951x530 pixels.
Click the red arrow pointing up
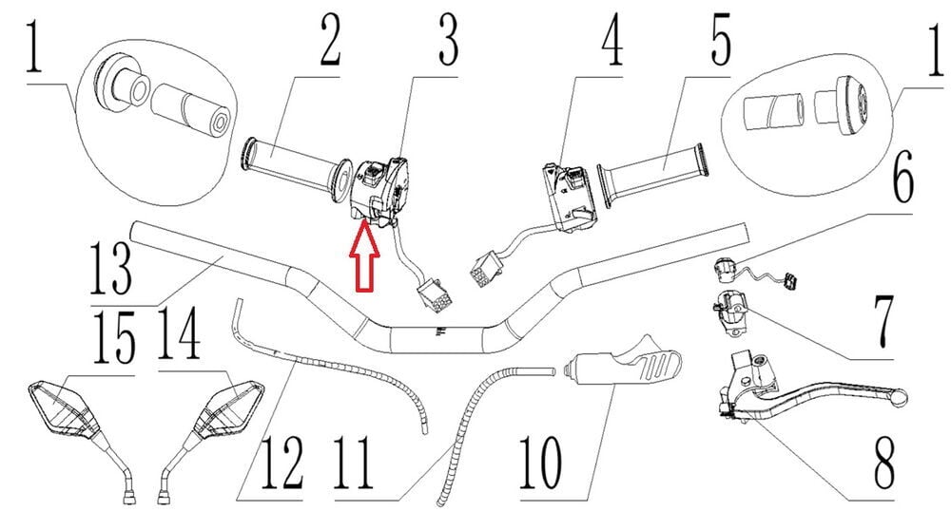364,256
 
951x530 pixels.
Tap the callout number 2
331,41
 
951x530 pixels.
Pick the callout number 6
903,177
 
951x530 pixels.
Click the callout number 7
883,319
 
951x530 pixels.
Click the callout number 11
354,463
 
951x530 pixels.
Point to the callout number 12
281,463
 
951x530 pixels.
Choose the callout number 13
110,269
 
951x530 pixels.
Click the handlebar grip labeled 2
297,168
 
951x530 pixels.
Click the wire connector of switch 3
434,294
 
